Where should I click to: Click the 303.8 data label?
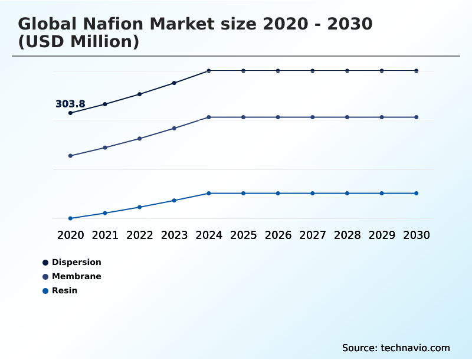(x=70, y=104)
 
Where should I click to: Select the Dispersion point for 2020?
(x=71, y=113)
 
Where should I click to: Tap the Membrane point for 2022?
(x=140, y=139)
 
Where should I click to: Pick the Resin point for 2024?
(x=209, y=194)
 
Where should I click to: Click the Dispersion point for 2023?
(x=174, y=83)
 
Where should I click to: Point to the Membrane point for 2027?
(x=313, y=117)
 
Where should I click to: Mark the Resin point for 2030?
(x=417, y=194)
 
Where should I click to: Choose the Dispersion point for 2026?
(x=278, y=71)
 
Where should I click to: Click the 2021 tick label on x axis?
(x=105, y=235)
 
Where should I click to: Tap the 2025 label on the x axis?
(x=243, y=235)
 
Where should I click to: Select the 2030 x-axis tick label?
(x=417, y=235)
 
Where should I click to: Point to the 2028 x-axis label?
(x=347, y=235)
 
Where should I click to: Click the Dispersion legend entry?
(x=76, y=262)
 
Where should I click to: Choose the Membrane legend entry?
(x=76, y=276)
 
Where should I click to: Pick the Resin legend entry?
(x=64, y=290)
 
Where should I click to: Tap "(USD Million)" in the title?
(x=78, y=42)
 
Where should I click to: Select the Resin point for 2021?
(x=105, y=213)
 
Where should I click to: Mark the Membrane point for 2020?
(x=71, y=156)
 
